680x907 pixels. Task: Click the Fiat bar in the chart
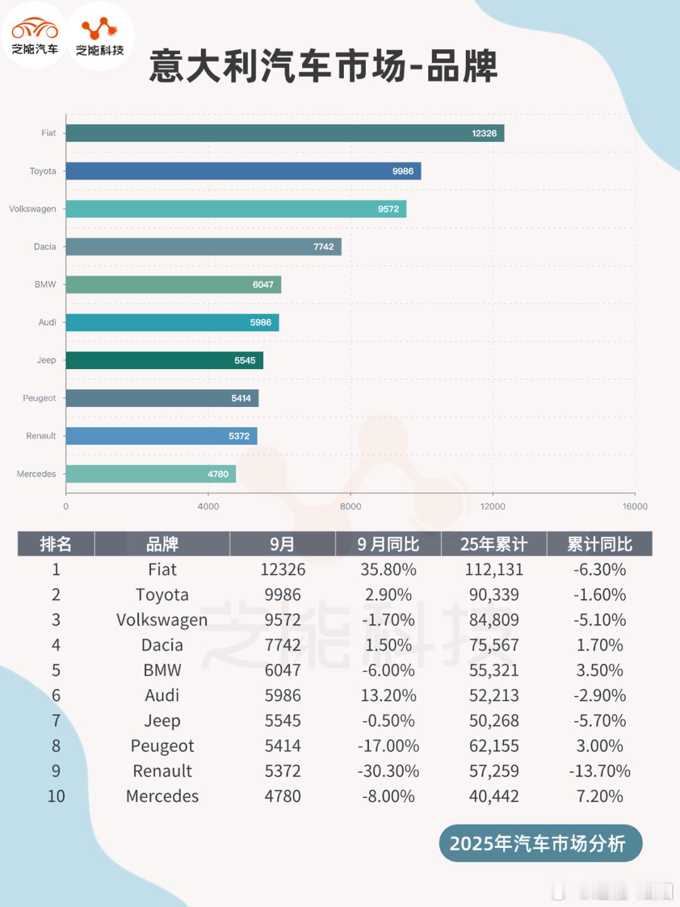point(285,133)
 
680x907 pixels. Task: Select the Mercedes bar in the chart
point(150,474)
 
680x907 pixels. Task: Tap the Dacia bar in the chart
point(203,246)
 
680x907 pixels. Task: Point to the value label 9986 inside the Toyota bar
point(403,171)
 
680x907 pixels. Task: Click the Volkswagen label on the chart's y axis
point(33,209)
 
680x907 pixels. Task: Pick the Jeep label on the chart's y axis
point(46,360)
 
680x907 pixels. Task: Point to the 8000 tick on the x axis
point(351,506)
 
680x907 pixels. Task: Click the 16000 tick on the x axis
point(635,506)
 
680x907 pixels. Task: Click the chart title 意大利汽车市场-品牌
point(324,66)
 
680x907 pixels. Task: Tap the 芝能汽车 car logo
point(35,35)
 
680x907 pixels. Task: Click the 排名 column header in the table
point(56,544)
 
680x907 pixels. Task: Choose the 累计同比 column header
point(599,544)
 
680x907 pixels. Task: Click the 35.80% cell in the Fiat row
point(388,569)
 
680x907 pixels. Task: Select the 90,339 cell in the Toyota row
point(494,595)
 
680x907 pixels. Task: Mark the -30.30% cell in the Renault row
point(388,771)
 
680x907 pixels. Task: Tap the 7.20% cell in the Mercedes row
point(599,796)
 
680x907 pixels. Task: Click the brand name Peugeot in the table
point(162,746)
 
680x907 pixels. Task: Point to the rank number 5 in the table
point(56,670)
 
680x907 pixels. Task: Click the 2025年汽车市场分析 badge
point(540,843)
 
